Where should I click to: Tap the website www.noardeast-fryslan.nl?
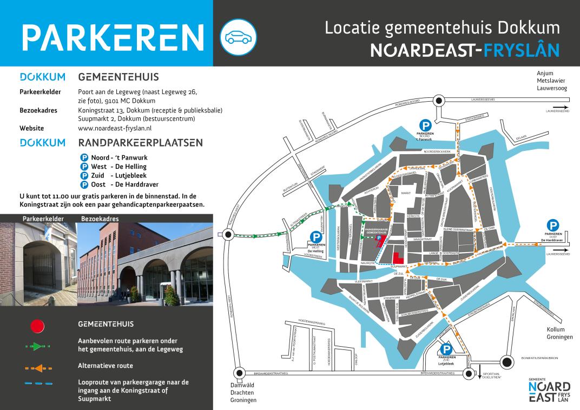point(115,128)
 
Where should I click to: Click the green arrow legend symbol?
point(37,347)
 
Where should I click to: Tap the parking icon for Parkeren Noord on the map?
point(426,124)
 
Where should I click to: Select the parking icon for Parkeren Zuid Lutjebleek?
point(446,350)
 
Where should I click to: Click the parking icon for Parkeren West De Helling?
point(315,236)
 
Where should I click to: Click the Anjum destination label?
point(545,73)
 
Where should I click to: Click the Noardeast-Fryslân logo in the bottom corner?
point(548,391)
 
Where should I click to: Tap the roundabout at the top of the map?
point(439,100)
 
